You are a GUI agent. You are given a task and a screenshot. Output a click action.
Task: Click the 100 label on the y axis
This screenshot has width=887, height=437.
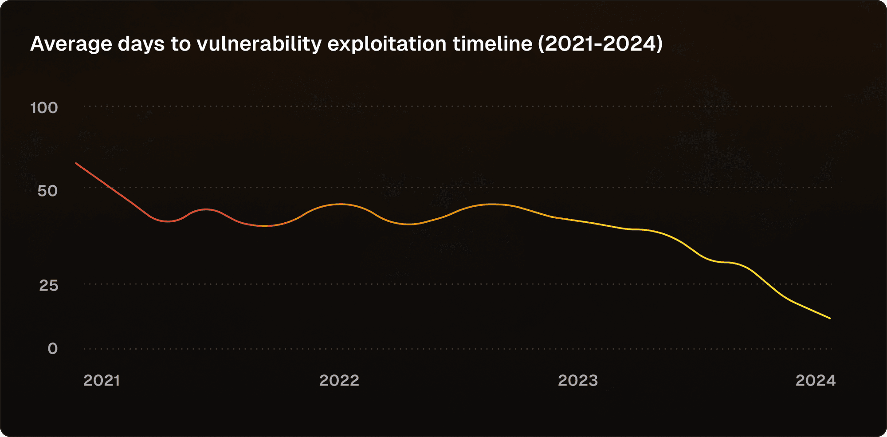tap(44, 108)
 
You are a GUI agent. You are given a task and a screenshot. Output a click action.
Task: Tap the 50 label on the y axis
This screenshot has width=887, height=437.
tap(47, 191)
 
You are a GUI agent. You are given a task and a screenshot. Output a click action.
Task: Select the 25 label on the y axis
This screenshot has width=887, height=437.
tap(48, 285)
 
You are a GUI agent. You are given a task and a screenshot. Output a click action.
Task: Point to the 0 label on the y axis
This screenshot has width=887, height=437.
tap(53, 349)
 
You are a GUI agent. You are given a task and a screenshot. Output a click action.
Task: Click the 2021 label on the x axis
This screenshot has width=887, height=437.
tap(102, 381)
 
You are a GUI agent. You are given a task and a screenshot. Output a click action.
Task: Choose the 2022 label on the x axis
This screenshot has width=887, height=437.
tap(339, 381)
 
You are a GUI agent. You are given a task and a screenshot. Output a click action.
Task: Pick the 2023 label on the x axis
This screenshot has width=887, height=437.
tap(578, 381)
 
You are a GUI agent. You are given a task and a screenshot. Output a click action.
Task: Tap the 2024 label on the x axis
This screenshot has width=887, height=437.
tap(816, 381)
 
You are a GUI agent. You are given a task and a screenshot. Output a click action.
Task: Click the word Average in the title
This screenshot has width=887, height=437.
tap(71, 44)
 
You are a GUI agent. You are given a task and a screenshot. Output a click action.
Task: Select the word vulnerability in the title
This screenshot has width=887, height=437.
tap(259, 44)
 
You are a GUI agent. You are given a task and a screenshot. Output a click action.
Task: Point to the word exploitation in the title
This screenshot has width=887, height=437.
tap(387, 44)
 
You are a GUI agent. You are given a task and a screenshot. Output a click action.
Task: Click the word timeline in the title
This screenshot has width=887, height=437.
tap(492, 44)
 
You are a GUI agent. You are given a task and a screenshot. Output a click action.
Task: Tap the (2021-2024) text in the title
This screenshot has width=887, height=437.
tap(600, 44)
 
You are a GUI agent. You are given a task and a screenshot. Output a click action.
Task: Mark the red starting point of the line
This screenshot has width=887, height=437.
tap(76, 163)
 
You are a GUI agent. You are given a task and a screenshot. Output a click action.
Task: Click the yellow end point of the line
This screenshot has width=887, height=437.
tap(830, 318)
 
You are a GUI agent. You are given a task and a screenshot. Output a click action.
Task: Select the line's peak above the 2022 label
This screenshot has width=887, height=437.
tap(340, 204)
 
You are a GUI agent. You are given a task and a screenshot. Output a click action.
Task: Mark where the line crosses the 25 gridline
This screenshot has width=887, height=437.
tap(767, 284)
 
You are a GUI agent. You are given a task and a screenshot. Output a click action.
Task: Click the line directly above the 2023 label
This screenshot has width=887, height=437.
tap(578, 220)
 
